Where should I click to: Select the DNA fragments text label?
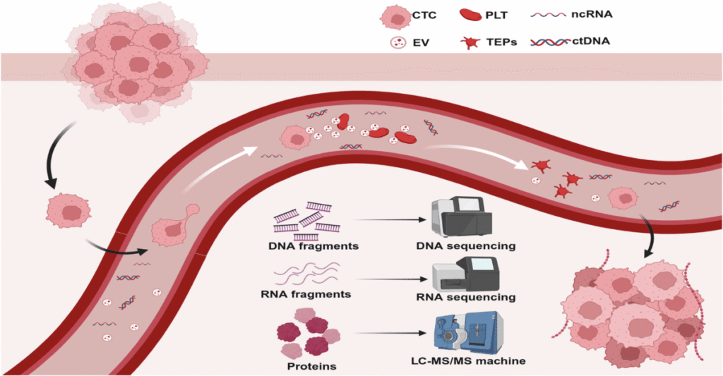(314, 246)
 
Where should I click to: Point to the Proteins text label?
(312, 365)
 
